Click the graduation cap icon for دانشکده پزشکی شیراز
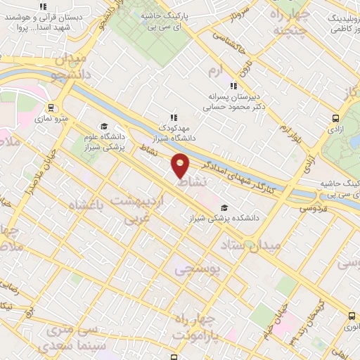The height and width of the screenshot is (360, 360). tap(224, 207)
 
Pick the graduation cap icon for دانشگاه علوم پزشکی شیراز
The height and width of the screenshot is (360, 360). tap(104, 127)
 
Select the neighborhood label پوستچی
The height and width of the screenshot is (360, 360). tap(196, 268)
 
